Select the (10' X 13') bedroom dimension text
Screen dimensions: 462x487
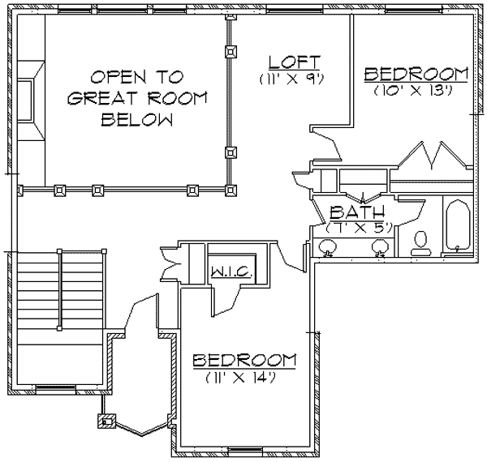[x=417, y=92]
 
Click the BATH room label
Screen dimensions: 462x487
[x=351, y=212]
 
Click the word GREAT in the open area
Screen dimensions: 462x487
[x=101, y=100]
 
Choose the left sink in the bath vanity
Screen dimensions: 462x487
[x=328, y=250]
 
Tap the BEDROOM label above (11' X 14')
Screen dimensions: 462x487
[x=243, y=359]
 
